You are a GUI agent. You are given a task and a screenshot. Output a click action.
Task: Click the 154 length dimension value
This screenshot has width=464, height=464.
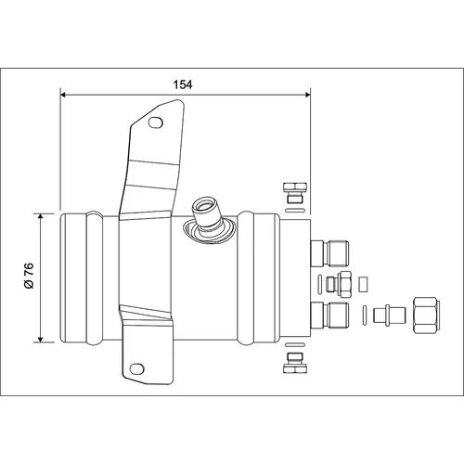[183, 84]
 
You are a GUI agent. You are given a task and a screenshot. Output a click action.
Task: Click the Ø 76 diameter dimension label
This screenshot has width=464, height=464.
[29, 276]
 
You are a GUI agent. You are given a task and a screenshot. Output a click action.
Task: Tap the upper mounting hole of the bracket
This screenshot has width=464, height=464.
[156, 122]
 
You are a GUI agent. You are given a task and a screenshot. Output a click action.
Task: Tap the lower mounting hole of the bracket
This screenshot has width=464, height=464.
[137, 368]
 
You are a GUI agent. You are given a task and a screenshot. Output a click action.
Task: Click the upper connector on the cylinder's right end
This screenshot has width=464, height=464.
[329, 253]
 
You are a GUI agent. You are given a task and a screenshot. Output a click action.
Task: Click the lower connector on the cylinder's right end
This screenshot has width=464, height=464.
[329, 316]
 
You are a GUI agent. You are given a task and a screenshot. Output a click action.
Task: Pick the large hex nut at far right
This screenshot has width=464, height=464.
[427, 315]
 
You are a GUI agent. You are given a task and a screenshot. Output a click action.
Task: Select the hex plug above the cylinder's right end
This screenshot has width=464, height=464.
[295, 193]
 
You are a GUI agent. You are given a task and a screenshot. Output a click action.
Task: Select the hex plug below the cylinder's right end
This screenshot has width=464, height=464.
[295, 363]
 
